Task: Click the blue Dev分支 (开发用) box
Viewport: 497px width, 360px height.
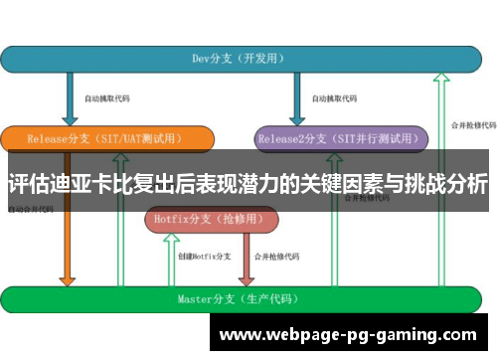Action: (x=239, y=59)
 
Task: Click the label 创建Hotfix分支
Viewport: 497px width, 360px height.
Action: (x=204, y=256)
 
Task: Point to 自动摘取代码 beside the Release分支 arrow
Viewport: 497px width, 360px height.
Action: (x=106, y=98)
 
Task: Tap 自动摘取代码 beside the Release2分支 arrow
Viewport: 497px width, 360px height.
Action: (x=332, y=98)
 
